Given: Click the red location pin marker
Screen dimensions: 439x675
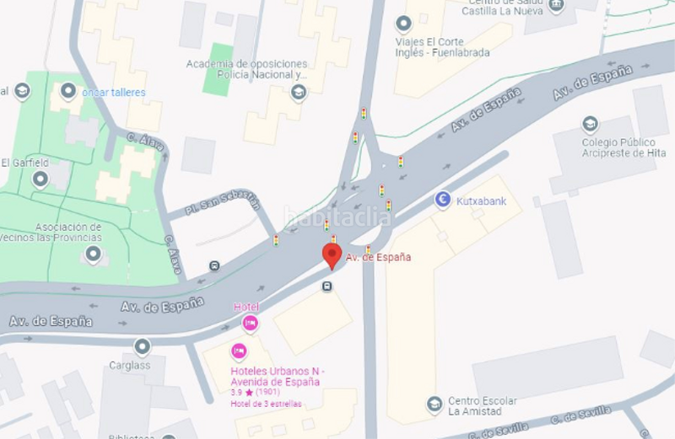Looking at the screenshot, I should [x=332, y=255].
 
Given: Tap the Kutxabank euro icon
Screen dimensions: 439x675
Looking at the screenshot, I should [x=442, y=200].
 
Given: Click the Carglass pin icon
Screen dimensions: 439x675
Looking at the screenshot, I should [x=142, y=346].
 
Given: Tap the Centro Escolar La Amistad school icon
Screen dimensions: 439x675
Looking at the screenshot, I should [x=435, y=404].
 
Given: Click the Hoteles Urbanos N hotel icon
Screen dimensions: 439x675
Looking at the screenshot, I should [x=239, y=351].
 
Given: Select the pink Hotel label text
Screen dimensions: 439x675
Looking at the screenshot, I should [x=246, y=307].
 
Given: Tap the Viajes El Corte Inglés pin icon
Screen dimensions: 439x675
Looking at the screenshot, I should [x=403, y=23].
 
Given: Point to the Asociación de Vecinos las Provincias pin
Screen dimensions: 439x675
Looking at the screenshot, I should [x=93, y=254].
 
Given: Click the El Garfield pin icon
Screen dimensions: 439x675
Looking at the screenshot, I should [x=40, y=179].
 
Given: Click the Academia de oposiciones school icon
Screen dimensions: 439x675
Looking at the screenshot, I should [x=298, y=92].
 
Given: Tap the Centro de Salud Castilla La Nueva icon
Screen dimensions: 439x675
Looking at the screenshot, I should [x=555, y=6].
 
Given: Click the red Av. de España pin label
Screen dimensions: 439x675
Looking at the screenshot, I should [x=379, y=257].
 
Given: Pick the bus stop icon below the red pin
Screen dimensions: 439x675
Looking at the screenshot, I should [x=327, y=286].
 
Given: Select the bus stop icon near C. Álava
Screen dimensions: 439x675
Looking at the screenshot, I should [x=214, y=266].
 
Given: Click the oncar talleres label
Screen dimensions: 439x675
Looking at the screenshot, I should [x=114, y=93].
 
